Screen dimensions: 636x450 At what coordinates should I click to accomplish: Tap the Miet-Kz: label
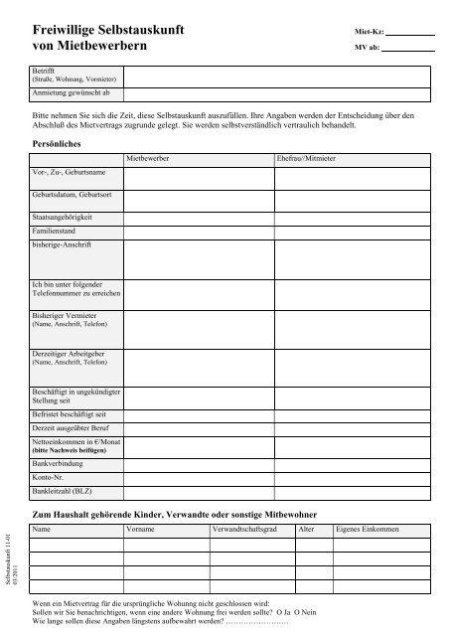(368, 32)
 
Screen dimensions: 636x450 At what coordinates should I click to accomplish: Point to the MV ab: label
(366, 48)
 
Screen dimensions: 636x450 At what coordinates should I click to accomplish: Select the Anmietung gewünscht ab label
(69, 92)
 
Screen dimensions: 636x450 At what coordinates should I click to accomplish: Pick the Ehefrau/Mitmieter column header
(306, 159)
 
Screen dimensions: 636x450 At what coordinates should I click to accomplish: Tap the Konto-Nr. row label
(51, 477)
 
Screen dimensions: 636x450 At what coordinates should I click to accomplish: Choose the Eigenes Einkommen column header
(369, 531)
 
